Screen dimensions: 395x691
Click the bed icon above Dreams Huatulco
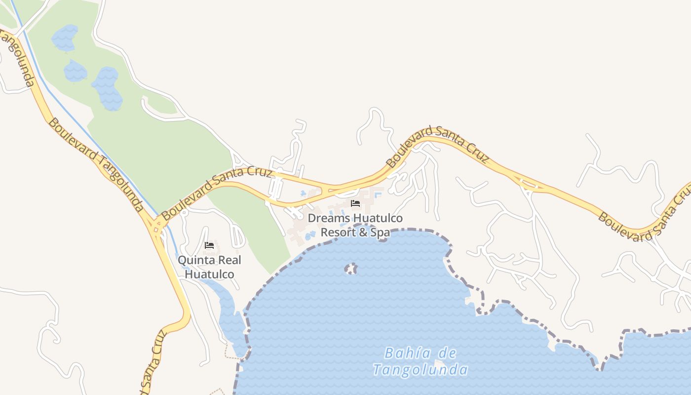point(355,203)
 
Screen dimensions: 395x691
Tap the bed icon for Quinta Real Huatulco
point(209,245)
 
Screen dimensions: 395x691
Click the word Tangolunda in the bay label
point(420,370)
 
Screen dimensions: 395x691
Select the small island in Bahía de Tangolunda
point(350,269)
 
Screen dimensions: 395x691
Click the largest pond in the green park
point(107,87)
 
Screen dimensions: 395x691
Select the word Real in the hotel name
point(230,260)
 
